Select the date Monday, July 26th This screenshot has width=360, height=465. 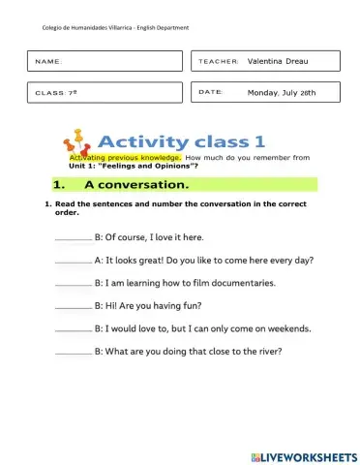[x=282, y=93]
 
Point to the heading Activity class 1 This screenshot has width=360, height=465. [x=207, y=139]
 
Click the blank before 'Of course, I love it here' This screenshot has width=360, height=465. [x=74, y=237]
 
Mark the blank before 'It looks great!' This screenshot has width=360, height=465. [x=74, y=261]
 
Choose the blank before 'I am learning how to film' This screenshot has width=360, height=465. [x=74, y=284]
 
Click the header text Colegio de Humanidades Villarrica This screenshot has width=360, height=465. [x=85, y=27]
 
